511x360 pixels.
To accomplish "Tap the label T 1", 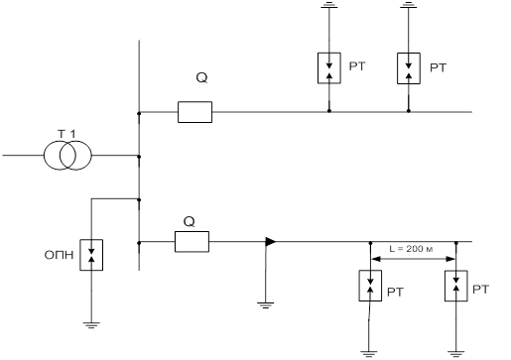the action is [x=66, y=134].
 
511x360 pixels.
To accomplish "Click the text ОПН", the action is [x=59, y=255].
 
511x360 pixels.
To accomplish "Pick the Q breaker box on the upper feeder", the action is [x=195, y=112].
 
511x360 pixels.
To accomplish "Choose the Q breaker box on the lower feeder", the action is [x=192, y=242].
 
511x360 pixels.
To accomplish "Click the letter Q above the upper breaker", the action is [x=201, y=78].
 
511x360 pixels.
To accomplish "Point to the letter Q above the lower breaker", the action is [x=189, y=222].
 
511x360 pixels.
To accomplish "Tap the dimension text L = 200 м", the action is [x=411, y=249].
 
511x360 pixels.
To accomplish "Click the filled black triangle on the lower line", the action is [x=271, y=242].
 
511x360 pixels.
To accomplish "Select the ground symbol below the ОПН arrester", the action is [x=91, y=324].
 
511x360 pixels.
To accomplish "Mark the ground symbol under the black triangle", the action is [x=265, y=305].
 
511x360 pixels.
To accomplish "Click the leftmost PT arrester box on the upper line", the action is [x=329, y=68].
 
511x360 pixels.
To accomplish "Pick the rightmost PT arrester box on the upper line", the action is [x=409, y=68].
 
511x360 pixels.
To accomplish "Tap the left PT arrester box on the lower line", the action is [x=370, y=286].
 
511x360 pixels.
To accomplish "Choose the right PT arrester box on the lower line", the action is [x=456, y=286].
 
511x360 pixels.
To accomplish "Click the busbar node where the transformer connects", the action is [x=139, y=157].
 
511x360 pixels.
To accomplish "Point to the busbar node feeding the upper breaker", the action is [x=139, y=113].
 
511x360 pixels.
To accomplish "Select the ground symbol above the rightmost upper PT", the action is [x=409, y=4].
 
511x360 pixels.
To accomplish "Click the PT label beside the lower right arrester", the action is [x=480, y=290].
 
